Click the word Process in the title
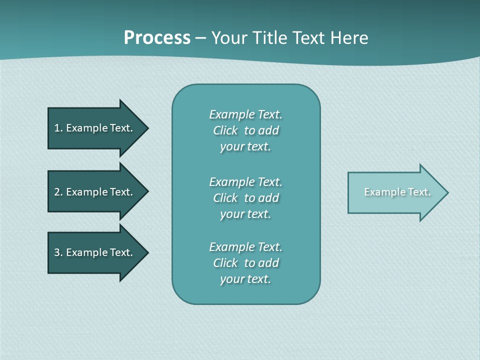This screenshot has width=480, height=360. click(157, 38)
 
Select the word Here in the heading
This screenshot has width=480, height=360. click(348, 38)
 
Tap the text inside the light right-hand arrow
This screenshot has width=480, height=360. click(397, 192)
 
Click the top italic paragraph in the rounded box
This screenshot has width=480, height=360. click(245, 130)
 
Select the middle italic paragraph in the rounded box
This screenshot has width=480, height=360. click(245, 198)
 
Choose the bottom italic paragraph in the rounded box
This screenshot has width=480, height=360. click(245, 263)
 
